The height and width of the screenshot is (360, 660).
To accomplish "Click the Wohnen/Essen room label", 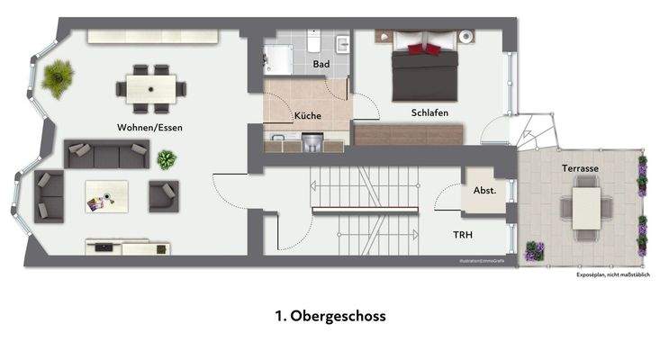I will tap(149, 128).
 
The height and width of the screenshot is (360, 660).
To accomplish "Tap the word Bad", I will tap(321, 65).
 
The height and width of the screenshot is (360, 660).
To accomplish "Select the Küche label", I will tap(307, 116).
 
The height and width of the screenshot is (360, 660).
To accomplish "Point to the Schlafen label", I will tap(429, 112).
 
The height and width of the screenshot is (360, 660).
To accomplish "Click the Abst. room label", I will tap(484, 191).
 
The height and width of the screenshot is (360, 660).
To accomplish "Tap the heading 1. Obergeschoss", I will tap(330, 317).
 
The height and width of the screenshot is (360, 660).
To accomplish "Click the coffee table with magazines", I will tap(106, 196).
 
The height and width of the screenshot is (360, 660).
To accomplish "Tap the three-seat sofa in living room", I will tap(106, 155).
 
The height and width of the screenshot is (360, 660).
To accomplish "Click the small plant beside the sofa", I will tap(167, 160).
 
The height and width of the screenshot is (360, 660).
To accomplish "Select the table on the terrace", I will tap(587, 205).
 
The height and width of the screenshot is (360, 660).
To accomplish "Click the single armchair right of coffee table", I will tap(164, 195).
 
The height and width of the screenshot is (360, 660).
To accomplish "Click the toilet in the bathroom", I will tap(312, 42).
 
